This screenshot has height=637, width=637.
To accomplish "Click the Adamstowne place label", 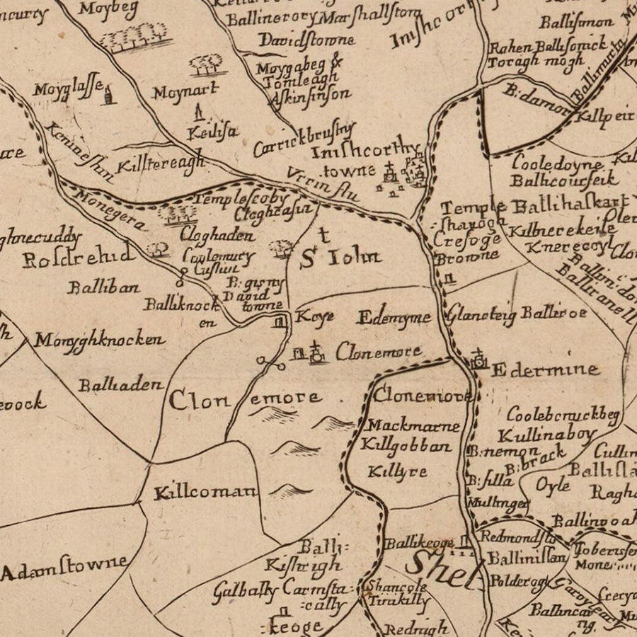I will click(x=65, y=568).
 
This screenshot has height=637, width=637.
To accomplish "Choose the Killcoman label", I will click(x=206, y=492).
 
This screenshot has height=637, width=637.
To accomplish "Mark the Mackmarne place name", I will click(x=413, y=426).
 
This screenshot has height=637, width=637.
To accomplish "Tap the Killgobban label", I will click(x=406, y=446).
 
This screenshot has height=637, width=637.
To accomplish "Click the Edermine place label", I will click(x=545, y=369).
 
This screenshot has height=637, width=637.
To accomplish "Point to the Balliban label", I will click(x=103, y=287).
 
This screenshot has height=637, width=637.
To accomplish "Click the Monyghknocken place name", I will click(x=99, y=340).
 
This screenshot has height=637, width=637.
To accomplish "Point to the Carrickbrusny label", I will click(x=304, y=139).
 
